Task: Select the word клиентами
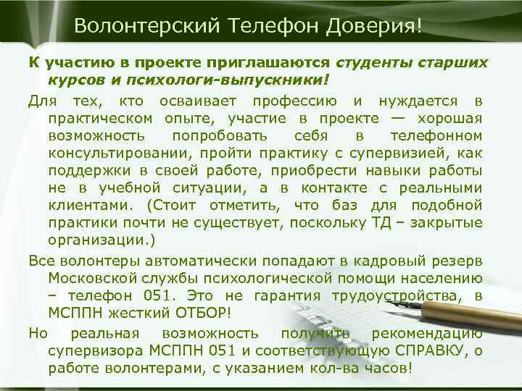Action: pyautogui.click(x=91, y=206)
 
